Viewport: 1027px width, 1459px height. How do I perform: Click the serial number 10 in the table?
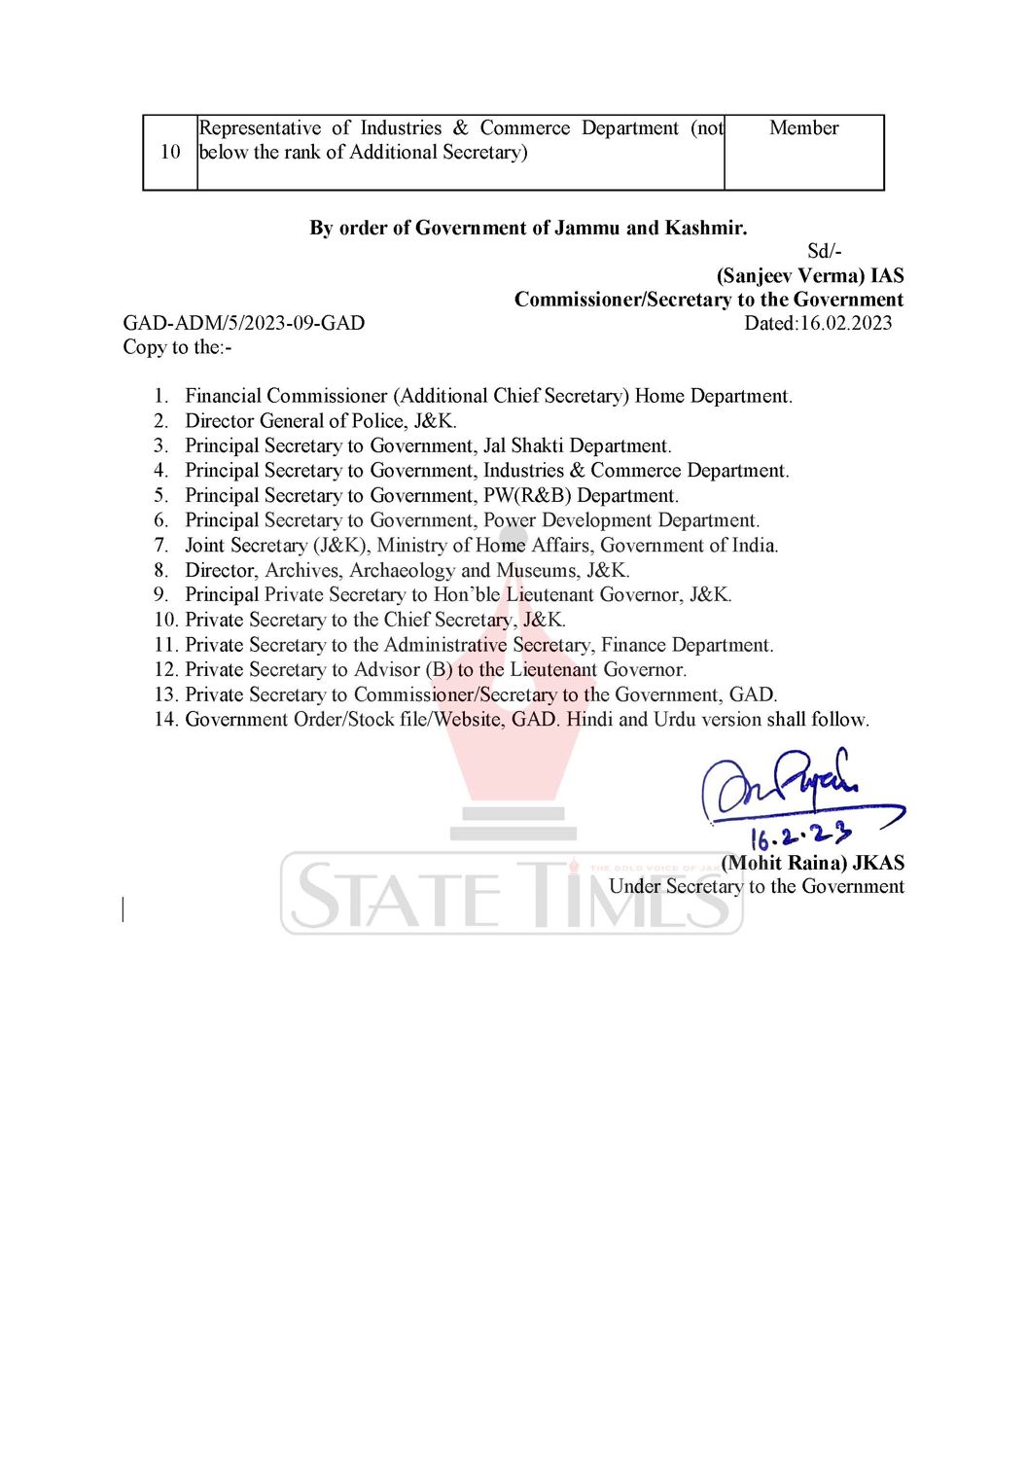click(170, 152)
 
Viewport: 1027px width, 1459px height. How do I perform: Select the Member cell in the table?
click(803, 128)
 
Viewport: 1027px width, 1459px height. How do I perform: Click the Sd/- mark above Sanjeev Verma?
click(824, 252)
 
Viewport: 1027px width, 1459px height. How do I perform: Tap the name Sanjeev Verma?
click(791, 276)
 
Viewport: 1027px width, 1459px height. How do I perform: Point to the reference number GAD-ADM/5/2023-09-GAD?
click(243, 324)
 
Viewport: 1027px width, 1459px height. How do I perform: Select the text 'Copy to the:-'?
click(177, 348)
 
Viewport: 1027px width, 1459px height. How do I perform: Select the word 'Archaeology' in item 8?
click(402, 571)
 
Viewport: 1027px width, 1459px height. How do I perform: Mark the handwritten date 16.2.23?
click(799, 836)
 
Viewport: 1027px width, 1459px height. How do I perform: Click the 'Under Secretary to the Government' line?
click(756, 887)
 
